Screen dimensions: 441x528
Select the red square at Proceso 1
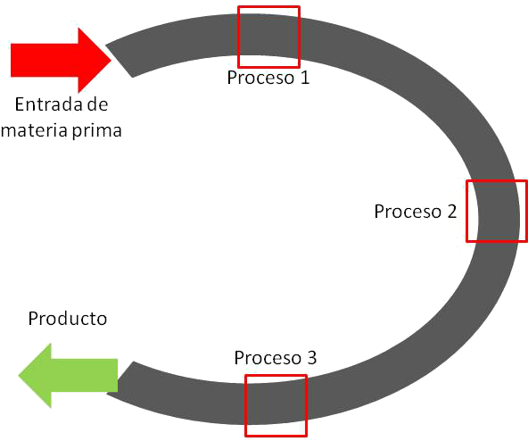point(268,37)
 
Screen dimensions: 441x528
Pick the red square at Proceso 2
point(495,211)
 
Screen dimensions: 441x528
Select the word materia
point(32,129)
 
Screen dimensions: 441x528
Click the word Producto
point(69,318)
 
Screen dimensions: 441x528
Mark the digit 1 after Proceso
point(303,78)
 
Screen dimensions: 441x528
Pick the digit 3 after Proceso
point(310,358)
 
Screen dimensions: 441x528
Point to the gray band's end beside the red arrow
point(122,61)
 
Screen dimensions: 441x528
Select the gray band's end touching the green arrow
point(127,379)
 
